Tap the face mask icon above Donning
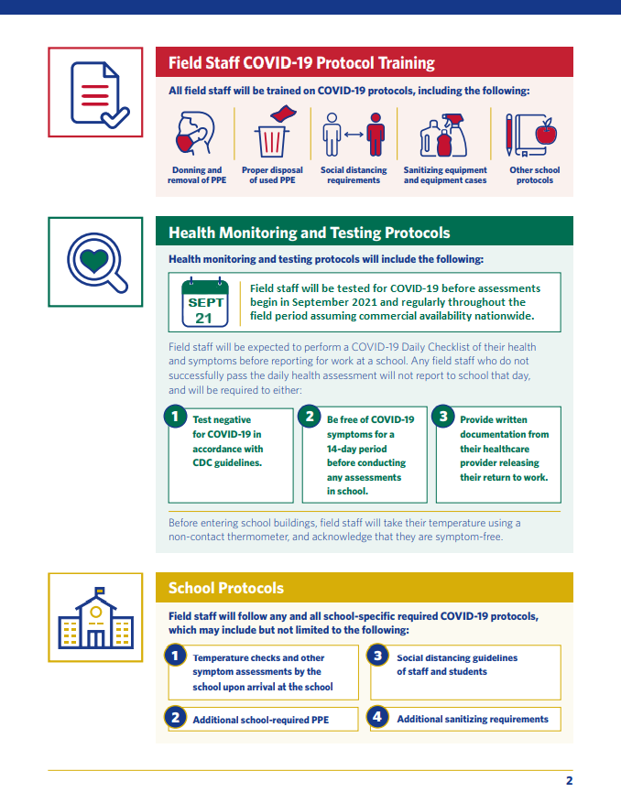pos(193,135)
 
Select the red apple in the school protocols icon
pos(546,134)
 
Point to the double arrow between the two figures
pos(354,136)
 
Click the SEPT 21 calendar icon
pos(204,303)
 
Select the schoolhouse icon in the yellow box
pos(95,619)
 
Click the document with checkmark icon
pos(95,92)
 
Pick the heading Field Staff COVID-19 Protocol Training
pos(301,63)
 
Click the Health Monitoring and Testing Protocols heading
pos(309,233)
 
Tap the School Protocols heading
pos(226,588)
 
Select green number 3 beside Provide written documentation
pos(442,417)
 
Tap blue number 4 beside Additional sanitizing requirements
pos(377,717)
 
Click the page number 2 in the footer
pos(569,781)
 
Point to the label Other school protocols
pos(534,175)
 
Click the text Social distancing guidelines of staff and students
pos(456,665)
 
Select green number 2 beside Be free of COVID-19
pos(310,417)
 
